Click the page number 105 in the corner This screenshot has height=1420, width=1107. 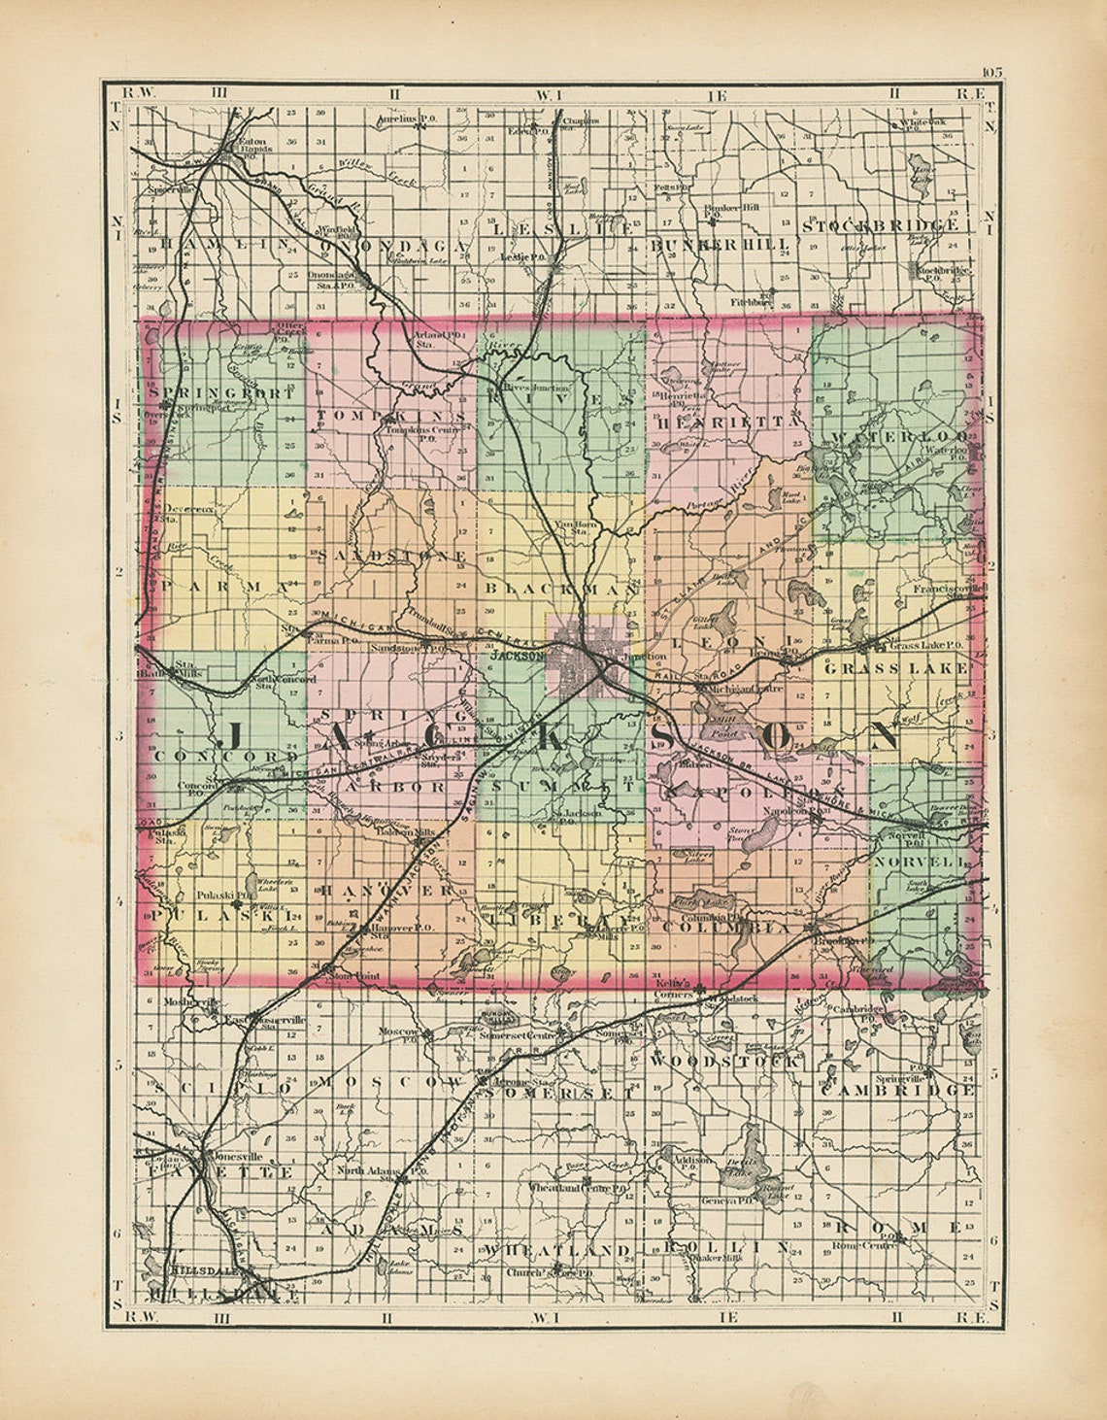[x=991, y=71]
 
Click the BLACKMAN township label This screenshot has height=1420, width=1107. [x=560, y=589]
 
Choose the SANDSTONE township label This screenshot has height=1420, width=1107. [x=391, y=555]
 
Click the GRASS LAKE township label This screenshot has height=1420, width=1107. [x=895, y=668]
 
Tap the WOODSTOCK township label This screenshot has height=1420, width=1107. [x=726, y=1063]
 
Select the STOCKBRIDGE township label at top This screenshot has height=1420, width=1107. [x=881, y=225]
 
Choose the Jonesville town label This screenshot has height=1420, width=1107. [x=236, y=1157]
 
